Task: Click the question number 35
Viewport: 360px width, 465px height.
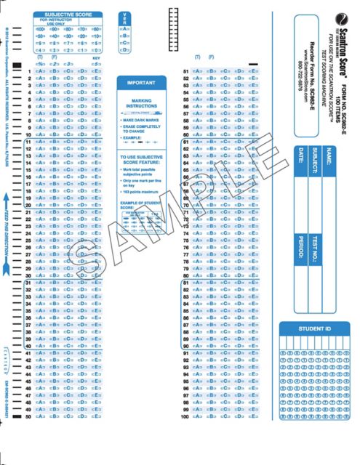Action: point(28,311)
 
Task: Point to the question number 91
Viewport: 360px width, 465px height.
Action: point(186,353)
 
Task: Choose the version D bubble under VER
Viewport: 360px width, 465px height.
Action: point(125,49)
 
